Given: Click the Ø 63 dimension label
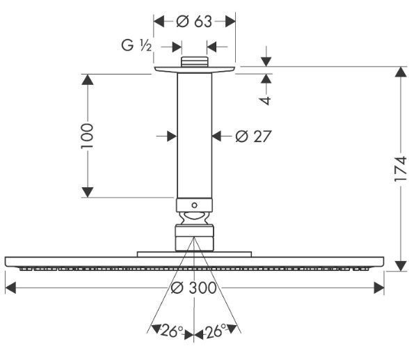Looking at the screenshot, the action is [x=194, y=22].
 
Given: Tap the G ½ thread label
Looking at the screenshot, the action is [x=136, y=46].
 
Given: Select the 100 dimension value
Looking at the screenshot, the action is [x=87, y=136].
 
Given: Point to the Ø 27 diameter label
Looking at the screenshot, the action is [x=253, y=136].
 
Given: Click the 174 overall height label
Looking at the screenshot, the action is [x=401, y=169].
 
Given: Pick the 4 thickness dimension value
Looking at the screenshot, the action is [x=266, y=101].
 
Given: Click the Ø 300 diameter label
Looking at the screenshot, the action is [x=193, y=288].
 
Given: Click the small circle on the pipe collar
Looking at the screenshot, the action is [x=194, y=205].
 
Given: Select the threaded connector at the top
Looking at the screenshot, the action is [x=195, y=61].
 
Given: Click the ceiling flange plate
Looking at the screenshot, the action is [x=195, y=70].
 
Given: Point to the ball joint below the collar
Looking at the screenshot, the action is [x=195, y=217].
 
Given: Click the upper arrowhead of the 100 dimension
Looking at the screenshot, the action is [x=87, y=79].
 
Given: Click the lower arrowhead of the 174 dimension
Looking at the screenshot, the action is [x=401, y=266].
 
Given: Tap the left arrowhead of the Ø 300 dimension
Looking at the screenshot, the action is [x=10, y=288].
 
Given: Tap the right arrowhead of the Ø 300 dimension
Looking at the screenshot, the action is [x=379, y=288].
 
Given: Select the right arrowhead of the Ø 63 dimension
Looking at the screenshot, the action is [x=230, y=22].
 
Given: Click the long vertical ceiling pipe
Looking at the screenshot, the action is [x=195, y=136].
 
